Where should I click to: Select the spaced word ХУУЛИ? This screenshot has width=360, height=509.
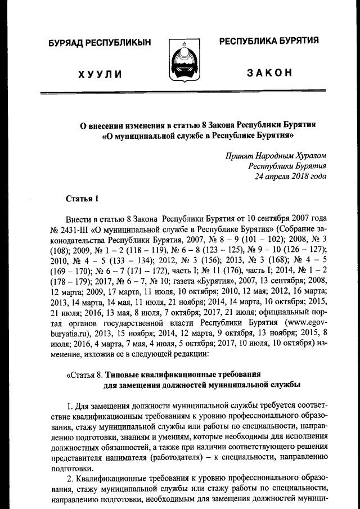100,74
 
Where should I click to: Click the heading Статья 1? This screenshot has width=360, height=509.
82,198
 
